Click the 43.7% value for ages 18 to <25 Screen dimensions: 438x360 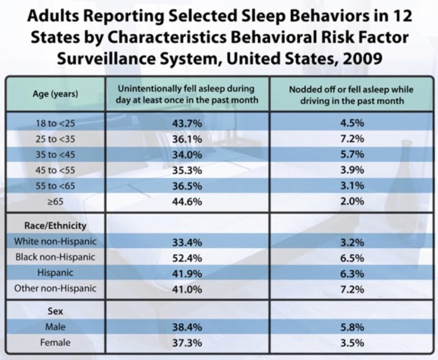[x=187, y=123]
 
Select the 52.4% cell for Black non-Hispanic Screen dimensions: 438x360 [x=187, y=258]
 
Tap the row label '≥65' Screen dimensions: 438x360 [x=56, y=201]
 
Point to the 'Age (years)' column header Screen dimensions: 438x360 [x=55, y=94]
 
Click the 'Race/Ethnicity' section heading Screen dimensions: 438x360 [x=55, y=226]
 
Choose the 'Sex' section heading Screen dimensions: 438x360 [x=55, y=311]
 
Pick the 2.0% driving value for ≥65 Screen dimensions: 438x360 [x=352, y=201]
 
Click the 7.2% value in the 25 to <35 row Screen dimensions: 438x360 [x=352, y=139]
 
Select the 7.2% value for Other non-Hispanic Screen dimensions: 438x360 [x=352, y=289]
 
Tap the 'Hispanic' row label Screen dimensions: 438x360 [x=55, y=273]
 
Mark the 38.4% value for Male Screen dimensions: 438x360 [x=187, y=327]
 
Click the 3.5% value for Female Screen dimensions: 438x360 [x=352, y=342]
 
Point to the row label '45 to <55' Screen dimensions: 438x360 [x=55, y=170]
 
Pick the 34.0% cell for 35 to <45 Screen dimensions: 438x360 [x=187, y=155]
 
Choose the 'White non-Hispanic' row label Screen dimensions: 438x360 [x=55, y=242]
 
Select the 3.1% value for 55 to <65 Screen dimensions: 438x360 [x=352, y=186]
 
